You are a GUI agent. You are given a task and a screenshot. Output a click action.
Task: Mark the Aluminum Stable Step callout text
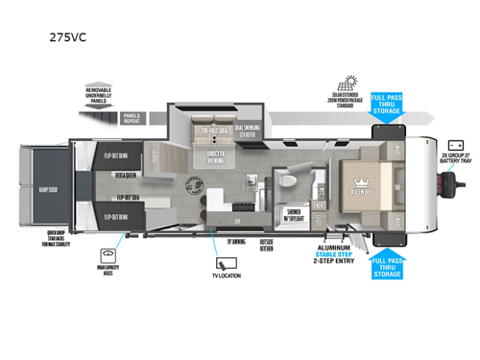[x=322, y=251]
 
